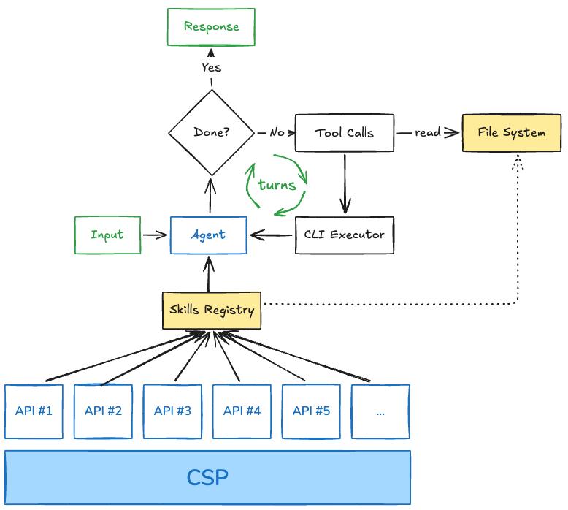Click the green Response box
point(211,27)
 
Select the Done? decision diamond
point(212,133)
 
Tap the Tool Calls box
point(344,133)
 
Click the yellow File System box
point(511,132)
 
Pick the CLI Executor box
point(344,235)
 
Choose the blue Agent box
point(208,235)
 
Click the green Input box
point(107,235)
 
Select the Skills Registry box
point(211,310)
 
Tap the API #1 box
point(34,411)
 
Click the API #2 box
point(103,411)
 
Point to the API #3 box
point(172,411)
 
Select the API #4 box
point(242,411)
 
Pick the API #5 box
point(311,411)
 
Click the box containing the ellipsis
point(380,411)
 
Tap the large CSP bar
point(207,477)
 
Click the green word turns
point(277,185)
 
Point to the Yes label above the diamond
point(211,68)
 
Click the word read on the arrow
point(427,133)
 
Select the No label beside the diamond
point(277,133)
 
